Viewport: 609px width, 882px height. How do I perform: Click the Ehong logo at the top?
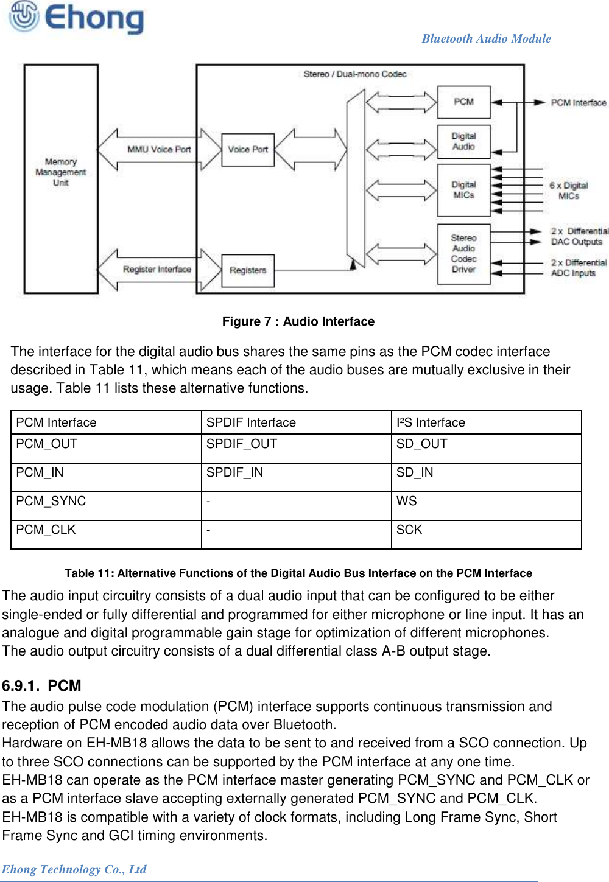pos(76,18)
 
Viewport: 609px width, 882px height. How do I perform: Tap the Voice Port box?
pos(248,149)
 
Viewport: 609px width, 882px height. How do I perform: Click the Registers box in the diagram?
pos(248,270)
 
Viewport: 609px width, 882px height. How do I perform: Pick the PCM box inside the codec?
pos(463,102)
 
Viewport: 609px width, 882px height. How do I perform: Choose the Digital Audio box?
pos(463,141)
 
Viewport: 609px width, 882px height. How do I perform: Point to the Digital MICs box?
pos(463,190)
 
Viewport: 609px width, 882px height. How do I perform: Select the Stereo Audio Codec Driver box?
pos(463,254)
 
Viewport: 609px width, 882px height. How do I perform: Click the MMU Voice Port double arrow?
pos(159,149)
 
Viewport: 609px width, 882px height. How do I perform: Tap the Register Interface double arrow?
pos(157,269)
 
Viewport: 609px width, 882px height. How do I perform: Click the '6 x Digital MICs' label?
pos(568,191)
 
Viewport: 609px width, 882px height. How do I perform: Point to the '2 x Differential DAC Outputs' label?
pos(579,236)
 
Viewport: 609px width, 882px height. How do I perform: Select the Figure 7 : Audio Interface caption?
pos(298,321)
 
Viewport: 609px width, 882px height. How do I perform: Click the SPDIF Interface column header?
pos(251,422)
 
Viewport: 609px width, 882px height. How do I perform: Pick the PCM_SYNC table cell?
pos(51,501)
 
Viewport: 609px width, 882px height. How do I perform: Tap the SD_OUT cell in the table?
pos(422,444)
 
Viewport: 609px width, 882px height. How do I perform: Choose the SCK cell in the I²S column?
pos(409,530)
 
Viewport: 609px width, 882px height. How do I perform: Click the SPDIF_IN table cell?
pos(234,472)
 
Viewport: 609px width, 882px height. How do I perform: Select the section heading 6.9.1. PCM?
pos(41,686)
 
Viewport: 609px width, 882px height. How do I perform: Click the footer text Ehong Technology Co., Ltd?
pos(74,869)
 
